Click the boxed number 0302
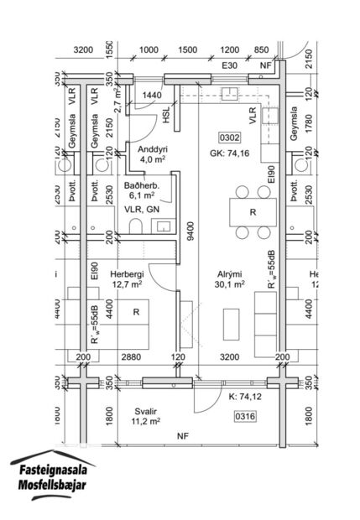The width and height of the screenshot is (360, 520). tap(229, 137)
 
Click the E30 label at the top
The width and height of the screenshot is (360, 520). tap(231, 65)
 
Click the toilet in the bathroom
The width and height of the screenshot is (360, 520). tap(135, 226)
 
